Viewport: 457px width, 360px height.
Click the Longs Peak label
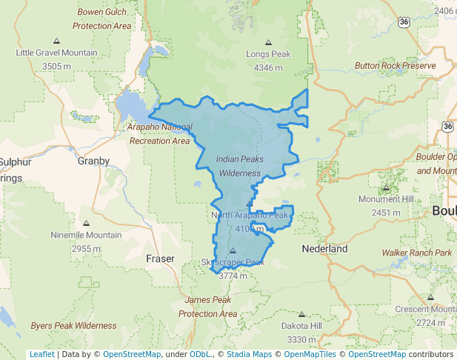click(x=268, y=54)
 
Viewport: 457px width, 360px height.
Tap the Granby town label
click(x=93, y=161)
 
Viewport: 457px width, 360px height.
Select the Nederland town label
click(x=324, y=249)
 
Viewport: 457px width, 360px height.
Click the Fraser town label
click(x=160, y=259)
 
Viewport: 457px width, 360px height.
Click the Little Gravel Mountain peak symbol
click(x=57, y=41)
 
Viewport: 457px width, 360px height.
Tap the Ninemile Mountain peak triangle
click(x=86, y=223)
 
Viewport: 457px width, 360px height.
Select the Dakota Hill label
click(x=301, y=326)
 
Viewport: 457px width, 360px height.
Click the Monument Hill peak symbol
click(x=386, y=187)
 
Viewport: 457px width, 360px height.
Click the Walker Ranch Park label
click(x=417, y=253)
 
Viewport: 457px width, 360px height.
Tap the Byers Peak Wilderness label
click(x=73, y=325)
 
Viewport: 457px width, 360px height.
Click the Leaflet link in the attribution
click(x=41, y=354)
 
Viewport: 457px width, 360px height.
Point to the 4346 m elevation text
click(x=268, y=67)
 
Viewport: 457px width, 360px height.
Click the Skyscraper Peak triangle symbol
click(x=233, y=250)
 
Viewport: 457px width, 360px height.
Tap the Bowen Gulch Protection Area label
click(x=102, y=19)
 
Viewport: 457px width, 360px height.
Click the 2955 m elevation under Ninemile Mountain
click(x=86, y=248)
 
